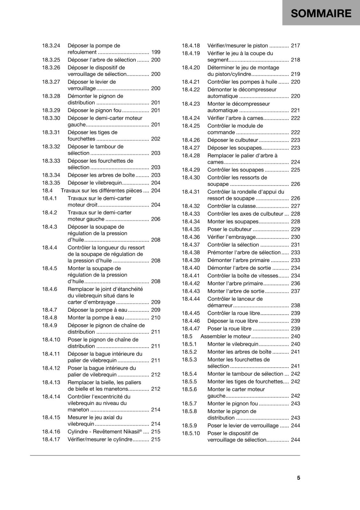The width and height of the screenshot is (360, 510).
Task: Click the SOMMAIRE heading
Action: coord(321,13)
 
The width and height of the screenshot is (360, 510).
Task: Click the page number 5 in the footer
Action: coord(299,477)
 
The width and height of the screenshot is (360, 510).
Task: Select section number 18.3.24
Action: coord(51,46)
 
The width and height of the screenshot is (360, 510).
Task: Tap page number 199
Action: coord(156,52)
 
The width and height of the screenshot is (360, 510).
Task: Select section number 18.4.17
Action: coord(51,439)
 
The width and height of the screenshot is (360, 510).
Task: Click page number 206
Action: coord(156,219)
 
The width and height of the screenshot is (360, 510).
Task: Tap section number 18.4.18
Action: coord(191,46)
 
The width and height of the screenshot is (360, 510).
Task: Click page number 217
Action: coord(295,46)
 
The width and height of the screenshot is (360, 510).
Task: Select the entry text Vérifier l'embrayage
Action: coord(232,237)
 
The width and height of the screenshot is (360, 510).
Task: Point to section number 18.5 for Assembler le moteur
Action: coord(187,336)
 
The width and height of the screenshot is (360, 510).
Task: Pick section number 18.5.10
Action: coord(191,433)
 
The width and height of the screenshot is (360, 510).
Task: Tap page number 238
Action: coord(295,305)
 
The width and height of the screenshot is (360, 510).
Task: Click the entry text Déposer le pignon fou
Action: coord(94,110)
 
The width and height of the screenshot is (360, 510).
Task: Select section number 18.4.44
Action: coord(191,299)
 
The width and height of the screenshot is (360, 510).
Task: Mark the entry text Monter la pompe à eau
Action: coord(96,317)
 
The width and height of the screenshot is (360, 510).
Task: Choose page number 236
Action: coord(295,283)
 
